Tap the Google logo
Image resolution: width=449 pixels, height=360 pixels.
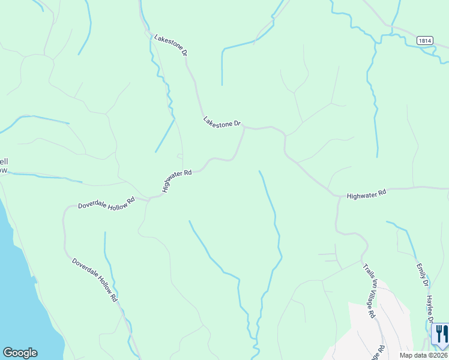click(20, 353)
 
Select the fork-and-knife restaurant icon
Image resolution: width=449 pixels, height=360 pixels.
click(441, 334)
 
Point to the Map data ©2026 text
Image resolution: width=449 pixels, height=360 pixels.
click(424, 355)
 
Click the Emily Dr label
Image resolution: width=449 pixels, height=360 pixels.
click(423, 274)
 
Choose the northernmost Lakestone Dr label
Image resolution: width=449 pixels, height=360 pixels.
click(171, 45)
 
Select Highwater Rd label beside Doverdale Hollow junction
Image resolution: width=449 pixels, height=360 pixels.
click(176, 181)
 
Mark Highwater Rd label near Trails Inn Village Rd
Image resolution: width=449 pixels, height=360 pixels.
click(367, 194)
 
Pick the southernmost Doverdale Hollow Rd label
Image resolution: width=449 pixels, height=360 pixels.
click(94, 279)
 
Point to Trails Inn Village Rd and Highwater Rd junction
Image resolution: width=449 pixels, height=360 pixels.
click(338, 196)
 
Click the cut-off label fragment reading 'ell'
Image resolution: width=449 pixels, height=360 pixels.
click(4, 161)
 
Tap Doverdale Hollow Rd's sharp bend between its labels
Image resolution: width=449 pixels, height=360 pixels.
click(65, 213)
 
